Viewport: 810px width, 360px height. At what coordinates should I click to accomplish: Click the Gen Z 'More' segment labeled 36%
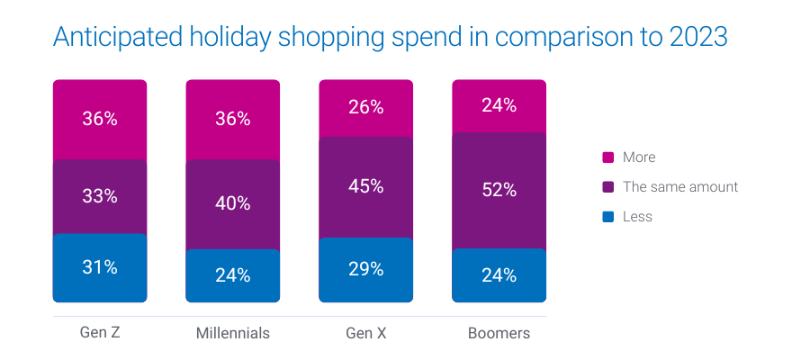100,119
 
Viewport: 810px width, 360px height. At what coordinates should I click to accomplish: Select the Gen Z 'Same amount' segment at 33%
100,196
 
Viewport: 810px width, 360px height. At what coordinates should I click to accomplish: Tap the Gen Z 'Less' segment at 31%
100,267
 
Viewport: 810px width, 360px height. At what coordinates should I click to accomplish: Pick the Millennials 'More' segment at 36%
232,119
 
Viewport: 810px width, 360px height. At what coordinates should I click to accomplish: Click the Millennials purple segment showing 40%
232,203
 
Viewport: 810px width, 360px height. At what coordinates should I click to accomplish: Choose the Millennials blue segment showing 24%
232,275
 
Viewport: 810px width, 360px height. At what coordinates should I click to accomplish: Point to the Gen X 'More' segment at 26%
365,107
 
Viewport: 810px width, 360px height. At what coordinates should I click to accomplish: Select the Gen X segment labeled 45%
365,186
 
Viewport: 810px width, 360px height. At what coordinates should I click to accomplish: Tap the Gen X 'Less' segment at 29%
365,269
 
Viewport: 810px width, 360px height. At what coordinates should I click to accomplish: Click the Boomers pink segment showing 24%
499,105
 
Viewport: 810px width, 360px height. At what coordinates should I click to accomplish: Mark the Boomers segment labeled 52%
499,190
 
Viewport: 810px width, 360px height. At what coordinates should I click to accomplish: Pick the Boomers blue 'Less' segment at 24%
499,275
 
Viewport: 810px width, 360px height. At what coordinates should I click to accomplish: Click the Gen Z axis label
100,333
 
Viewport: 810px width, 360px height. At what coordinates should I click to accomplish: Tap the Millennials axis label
232,333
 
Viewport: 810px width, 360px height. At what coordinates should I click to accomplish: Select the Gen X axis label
365,333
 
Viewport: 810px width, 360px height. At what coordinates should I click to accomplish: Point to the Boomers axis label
499,333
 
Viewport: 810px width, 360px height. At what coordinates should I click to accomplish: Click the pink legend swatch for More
607,157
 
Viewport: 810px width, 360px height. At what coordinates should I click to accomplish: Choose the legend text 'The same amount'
680,187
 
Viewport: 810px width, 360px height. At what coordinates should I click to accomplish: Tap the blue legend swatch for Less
607,217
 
